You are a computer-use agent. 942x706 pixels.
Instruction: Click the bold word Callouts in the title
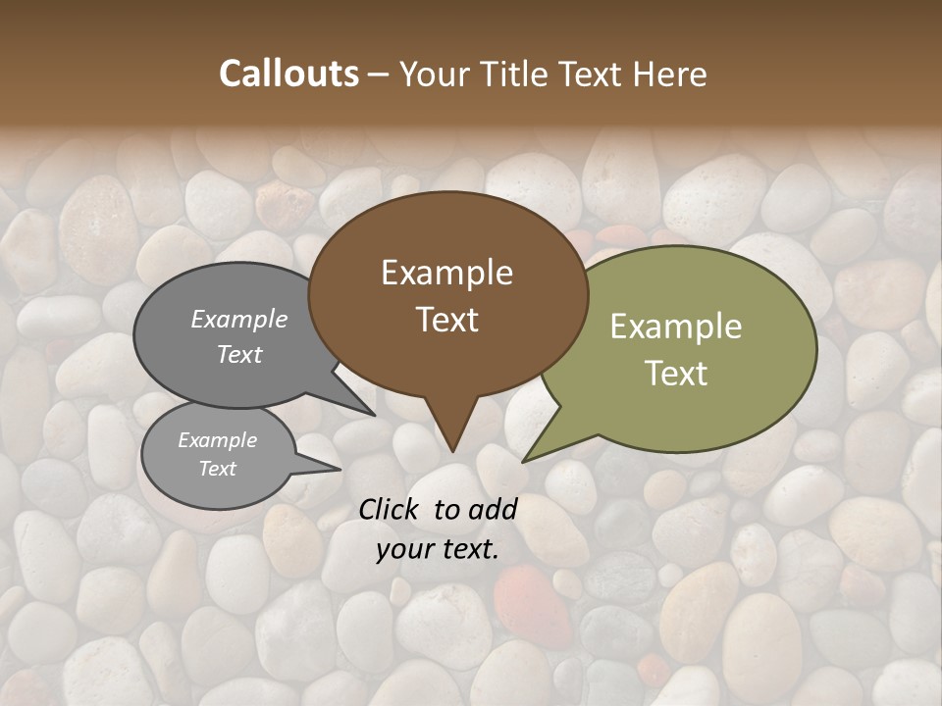click(288, 74)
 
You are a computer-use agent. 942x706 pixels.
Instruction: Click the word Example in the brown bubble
click(446, 273)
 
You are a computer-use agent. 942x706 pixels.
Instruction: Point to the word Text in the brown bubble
click(446, 320)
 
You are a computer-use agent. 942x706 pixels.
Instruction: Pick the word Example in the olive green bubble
click(676, 327)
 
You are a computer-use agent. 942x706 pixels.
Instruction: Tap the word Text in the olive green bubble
click(676, 374)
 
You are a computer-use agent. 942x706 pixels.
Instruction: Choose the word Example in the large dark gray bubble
click(239, 319)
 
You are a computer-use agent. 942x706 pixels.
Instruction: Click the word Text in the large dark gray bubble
click(239, 354)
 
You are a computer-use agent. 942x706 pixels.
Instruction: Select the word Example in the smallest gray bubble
click(217, 440)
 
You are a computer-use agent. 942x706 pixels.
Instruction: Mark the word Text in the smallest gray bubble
click(217, 469)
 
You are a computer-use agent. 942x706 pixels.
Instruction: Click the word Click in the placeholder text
click(391, 509)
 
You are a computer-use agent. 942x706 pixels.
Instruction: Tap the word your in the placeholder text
click(404, 550)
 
